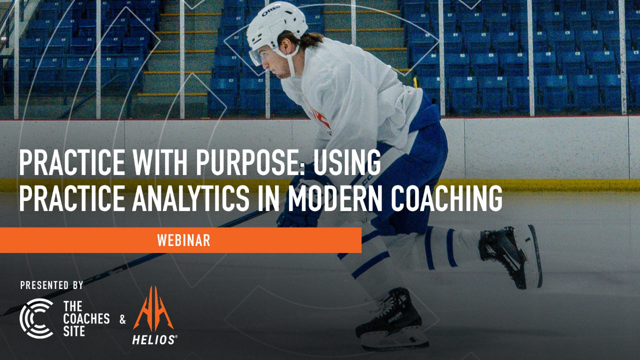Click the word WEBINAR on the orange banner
click(183, 240)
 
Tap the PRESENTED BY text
click(51, 285)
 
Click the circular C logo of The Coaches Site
click(36, 318)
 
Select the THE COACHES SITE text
click(86, 318)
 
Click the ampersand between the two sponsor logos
click(122, 319)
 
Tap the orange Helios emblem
click(153, 308)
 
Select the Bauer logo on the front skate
click(394, 316)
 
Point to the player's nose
click(265, 66)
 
